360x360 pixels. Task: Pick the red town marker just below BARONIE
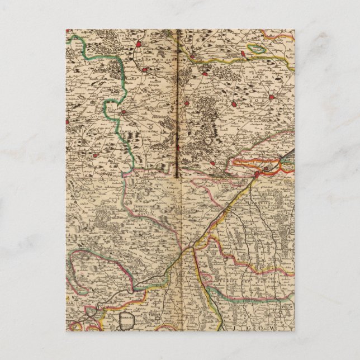[144, 70]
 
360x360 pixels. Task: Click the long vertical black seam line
[178, 101]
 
